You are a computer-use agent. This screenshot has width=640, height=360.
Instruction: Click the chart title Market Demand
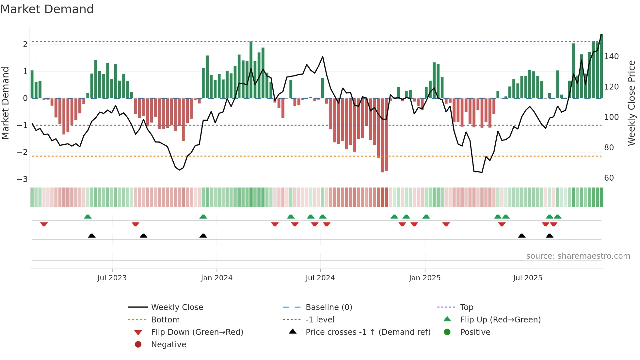point(47,9)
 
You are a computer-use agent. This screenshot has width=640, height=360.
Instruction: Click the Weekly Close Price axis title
point(632,103)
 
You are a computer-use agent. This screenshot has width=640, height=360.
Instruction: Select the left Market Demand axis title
point(5,103)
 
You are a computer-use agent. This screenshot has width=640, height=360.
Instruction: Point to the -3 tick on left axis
point(22,179)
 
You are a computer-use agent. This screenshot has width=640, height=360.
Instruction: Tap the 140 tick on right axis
point(611,57)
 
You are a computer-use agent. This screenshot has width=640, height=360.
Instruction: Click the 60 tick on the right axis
point(609,178)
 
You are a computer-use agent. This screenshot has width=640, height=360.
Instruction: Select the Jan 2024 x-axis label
point(216,278)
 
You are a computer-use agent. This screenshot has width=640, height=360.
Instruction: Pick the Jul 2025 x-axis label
point(527,278)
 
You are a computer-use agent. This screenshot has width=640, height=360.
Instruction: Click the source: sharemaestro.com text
point(578,256)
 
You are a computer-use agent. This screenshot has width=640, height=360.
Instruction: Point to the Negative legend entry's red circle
point(138,345)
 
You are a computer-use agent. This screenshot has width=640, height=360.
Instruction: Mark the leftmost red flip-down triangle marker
point(44,224)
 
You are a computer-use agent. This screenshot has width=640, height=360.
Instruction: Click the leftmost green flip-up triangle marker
point(88,217)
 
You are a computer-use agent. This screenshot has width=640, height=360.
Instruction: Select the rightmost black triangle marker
point(550,236)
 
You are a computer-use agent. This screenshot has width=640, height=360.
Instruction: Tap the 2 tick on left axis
point(25,44)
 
